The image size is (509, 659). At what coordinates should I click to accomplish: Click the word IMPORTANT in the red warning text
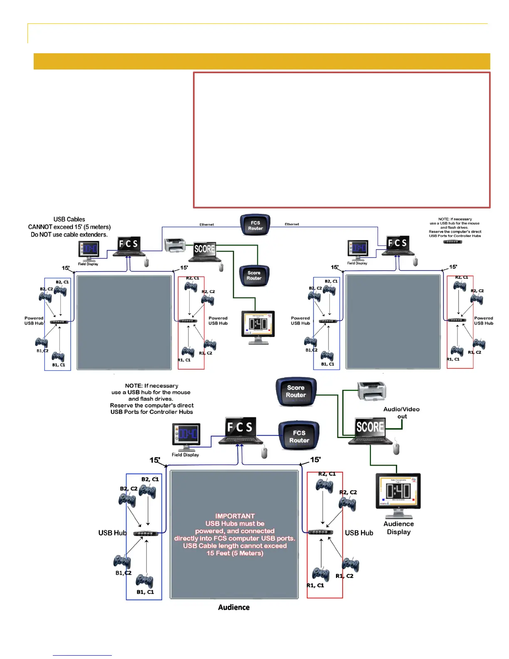(235, 516)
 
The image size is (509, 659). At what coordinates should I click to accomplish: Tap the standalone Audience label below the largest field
(234, 607)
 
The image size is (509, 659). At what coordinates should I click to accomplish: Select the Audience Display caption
(398, 528)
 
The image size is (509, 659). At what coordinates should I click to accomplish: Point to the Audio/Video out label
(401, 412)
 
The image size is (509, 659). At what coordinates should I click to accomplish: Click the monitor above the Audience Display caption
(398, 493)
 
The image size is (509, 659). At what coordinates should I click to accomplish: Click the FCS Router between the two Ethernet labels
(255, 225)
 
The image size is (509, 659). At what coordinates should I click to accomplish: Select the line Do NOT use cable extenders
(69, 235)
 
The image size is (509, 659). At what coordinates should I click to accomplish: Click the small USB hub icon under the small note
(452, 242)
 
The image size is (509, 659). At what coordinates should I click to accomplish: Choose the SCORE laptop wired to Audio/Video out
(370, 431)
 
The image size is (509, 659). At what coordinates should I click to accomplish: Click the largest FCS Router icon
(299, 436)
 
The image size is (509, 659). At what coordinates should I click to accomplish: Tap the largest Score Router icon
(296, 391)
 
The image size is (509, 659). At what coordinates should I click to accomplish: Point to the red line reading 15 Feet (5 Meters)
(235, 553)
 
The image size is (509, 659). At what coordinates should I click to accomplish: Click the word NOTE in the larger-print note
(133, 386)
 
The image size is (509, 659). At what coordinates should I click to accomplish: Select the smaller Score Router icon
(254, 275)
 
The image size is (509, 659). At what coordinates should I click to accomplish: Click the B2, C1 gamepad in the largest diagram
(147, 491)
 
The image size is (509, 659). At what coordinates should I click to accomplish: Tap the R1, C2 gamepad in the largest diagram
(350, 565)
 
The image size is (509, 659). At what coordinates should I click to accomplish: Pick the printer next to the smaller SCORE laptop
(175, 245)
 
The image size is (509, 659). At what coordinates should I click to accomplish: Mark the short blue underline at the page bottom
(82, 655)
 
